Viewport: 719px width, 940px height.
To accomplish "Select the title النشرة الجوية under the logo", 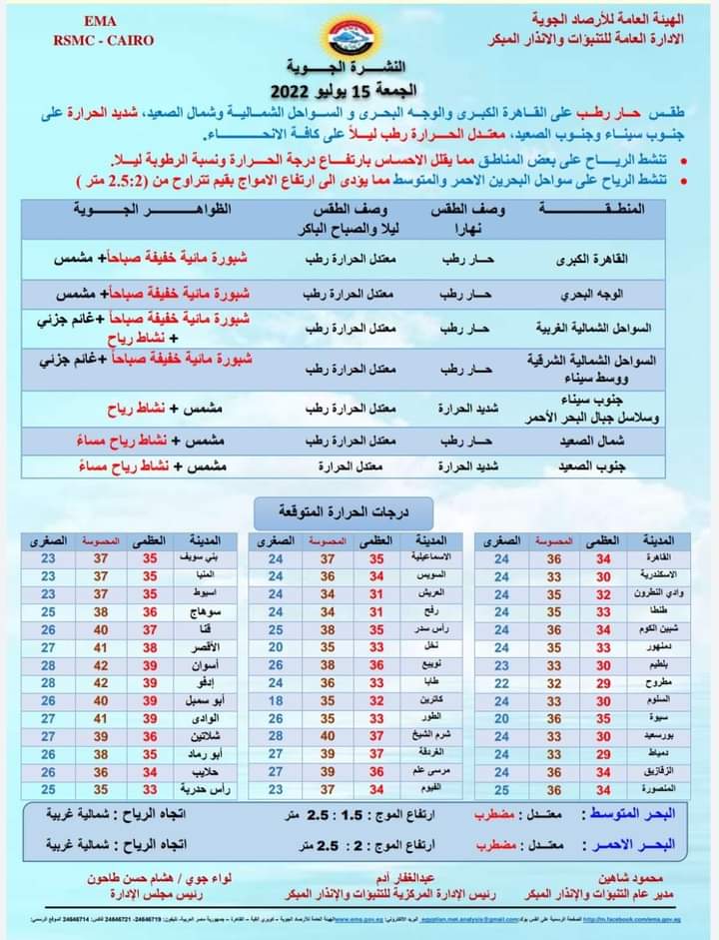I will tap(360, 67).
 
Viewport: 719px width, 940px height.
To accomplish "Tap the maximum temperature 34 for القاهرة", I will tap(603, 557).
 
